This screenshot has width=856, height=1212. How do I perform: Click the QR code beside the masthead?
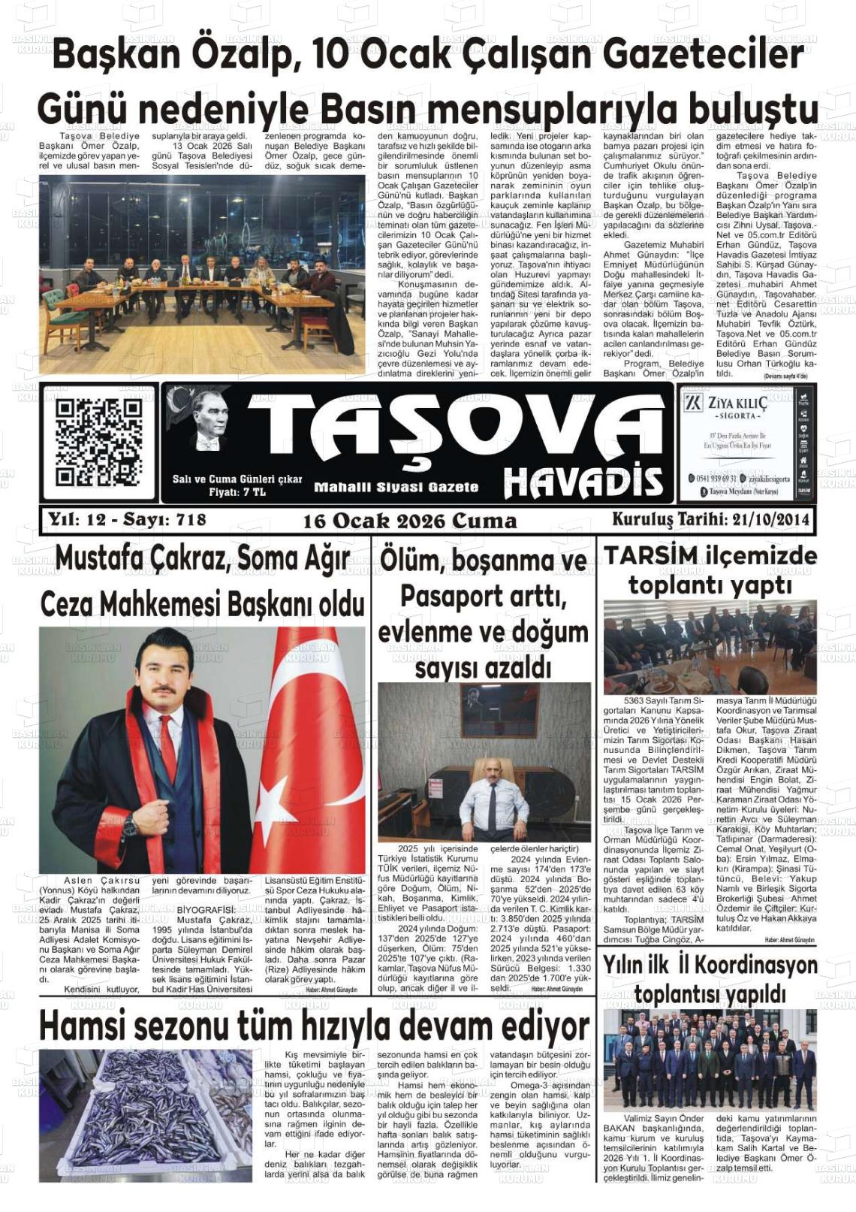click(x=98, y=442)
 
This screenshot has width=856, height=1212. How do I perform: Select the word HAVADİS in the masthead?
click(x=583, y=482)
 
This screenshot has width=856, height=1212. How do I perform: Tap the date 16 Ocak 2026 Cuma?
click(x=410, y=521)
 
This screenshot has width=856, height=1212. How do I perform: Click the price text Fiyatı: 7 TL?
click(x=237, y=492)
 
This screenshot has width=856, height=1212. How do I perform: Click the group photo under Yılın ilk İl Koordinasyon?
click(x=709, y=1060)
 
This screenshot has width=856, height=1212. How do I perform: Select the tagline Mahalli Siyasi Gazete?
click(x=396, y=487)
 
